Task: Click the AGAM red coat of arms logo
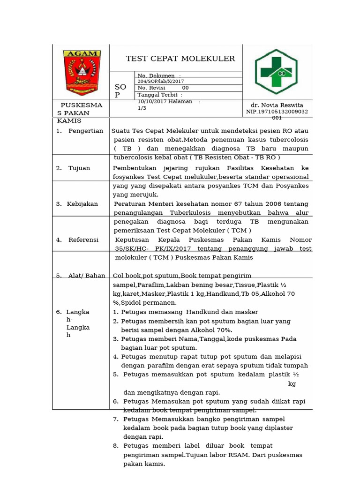[81, 71]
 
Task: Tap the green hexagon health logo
[276, 71]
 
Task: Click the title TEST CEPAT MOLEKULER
[180, 59]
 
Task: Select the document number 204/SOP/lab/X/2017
[161, 81]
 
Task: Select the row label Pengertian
[86, 131]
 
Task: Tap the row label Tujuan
[79, 168]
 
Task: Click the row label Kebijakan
[83, 204]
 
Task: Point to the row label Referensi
[83, 240]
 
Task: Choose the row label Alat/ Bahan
[87, 276]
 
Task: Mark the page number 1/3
[142, 108]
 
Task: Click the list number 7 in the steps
[115, 419]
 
